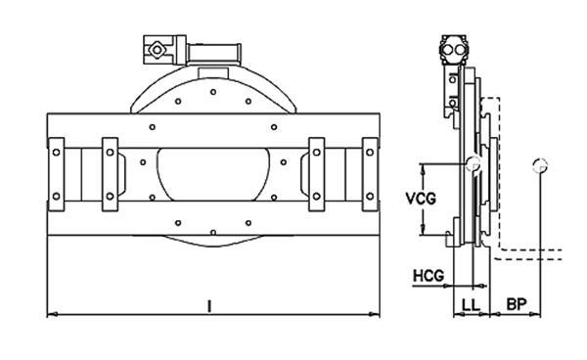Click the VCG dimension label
tap(421, 199)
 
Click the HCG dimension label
tap(429, 276)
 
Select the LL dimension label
tap(471, 305)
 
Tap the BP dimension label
tap(517, 304)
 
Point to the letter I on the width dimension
tap(209, 306)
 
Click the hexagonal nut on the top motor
tap(156, 50)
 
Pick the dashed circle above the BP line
tap(540, 165)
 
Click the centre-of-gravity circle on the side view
tap(473, 163)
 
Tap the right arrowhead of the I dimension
tap(375, 314)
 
